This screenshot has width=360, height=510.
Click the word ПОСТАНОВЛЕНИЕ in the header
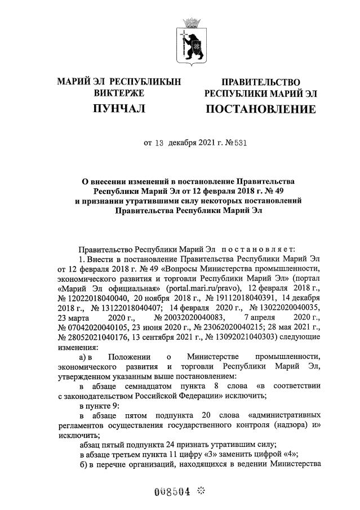260,109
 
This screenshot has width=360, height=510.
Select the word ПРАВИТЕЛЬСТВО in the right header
260,82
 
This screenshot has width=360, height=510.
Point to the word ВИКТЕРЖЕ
119,93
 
